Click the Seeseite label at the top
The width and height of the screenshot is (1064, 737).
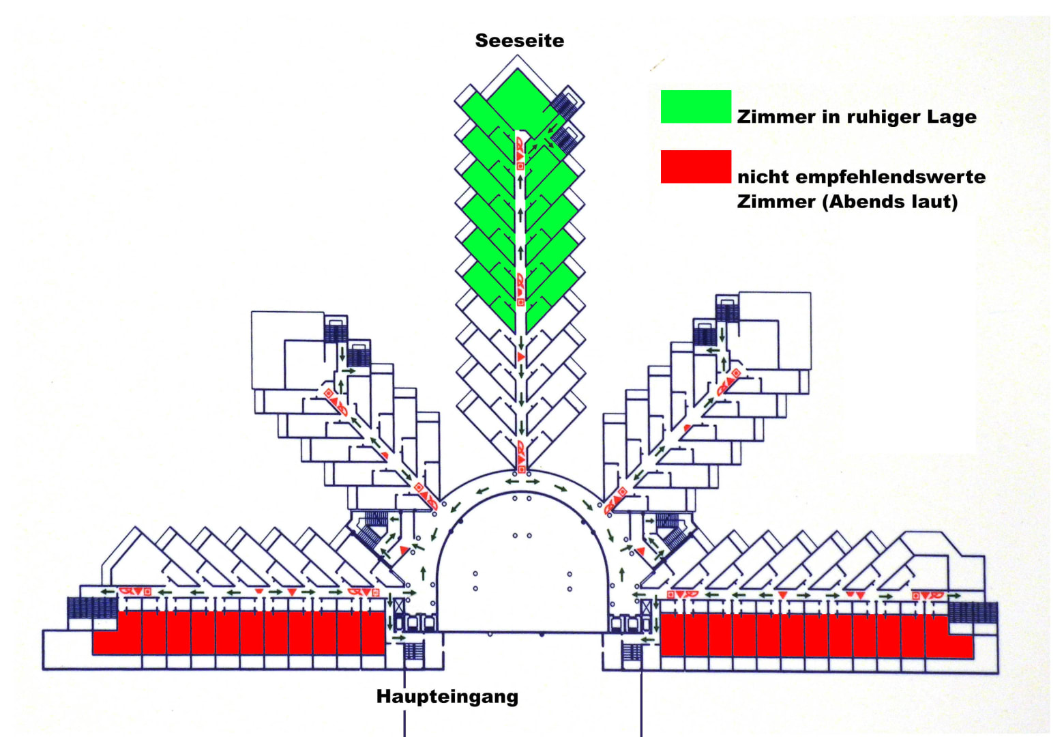[520, 41]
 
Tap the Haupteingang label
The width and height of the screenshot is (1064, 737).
[447, 697]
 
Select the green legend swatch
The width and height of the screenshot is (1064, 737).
[696, 106]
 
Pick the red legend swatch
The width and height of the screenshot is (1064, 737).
[696, 167]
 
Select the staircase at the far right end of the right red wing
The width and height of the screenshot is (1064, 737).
[973, 612]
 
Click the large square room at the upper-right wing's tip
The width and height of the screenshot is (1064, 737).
[775, 330]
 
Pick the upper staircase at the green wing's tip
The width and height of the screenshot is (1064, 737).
[565, 104]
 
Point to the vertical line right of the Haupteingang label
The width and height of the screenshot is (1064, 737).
[641, 703]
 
